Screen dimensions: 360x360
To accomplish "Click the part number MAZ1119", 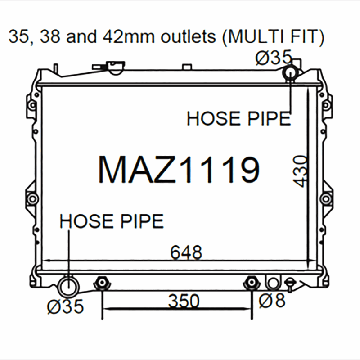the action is pos(179,170).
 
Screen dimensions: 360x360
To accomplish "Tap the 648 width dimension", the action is pos(186,252).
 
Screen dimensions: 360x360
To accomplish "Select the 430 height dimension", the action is pos(300,171).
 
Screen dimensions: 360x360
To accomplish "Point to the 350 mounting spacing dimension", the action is pos(184,301).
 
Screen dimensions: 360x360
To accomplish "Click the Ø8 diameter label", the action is pos(272,300).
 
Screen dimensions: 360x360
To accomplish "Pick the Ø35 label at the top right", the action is pos(273,58).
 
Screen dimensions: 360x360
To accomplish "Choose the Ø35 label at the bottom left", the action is pos(65,306).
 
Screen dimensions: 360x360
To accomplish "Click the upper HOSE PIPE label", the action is pos(239,118).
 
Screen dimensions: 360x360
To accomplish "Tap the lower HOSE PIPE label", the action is pos(112,221).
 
